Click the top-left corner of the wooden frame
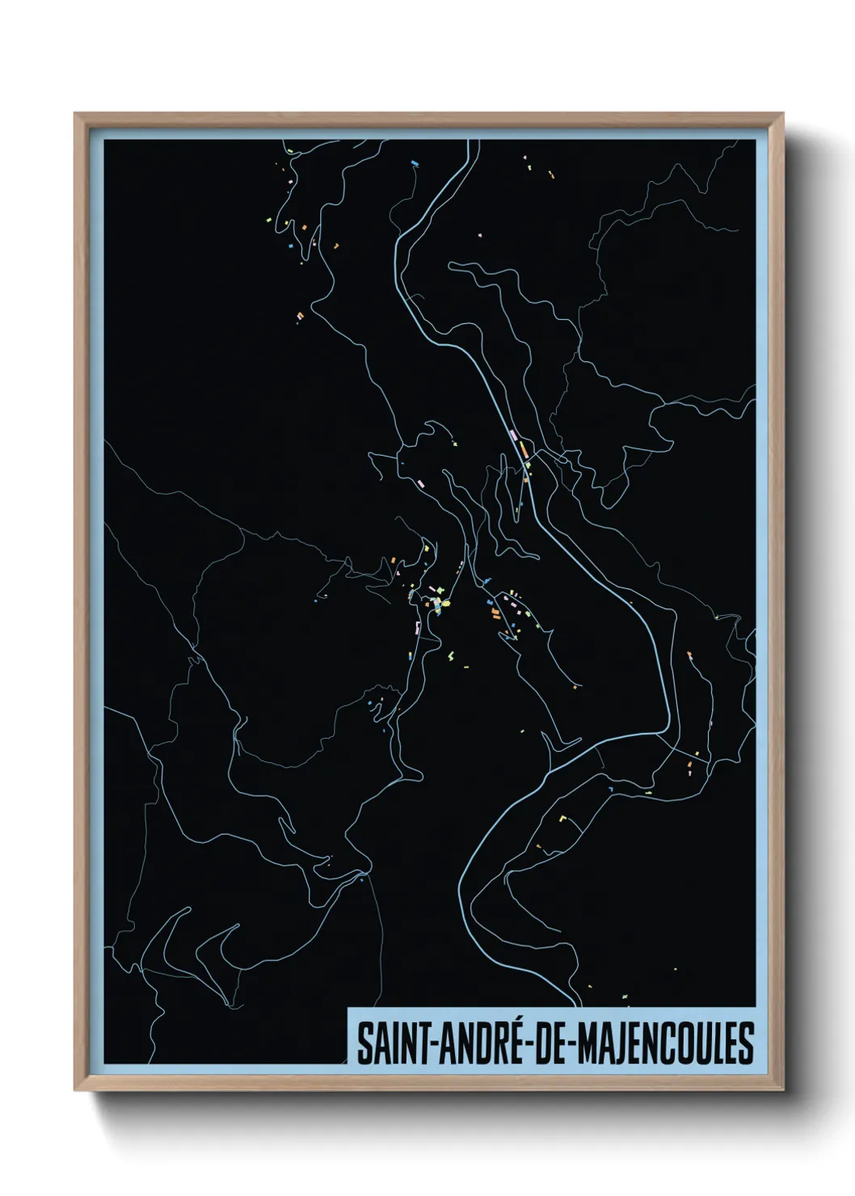75,114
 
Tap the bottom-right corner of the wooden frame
783,1090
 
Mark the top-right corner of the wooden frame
783,114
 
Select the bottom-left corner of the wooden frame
75,1090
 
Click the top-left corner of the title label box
348,1008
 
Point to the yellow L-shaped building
563,819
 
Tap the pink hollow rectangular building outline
417,626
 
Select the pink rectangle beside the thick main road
514,436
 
